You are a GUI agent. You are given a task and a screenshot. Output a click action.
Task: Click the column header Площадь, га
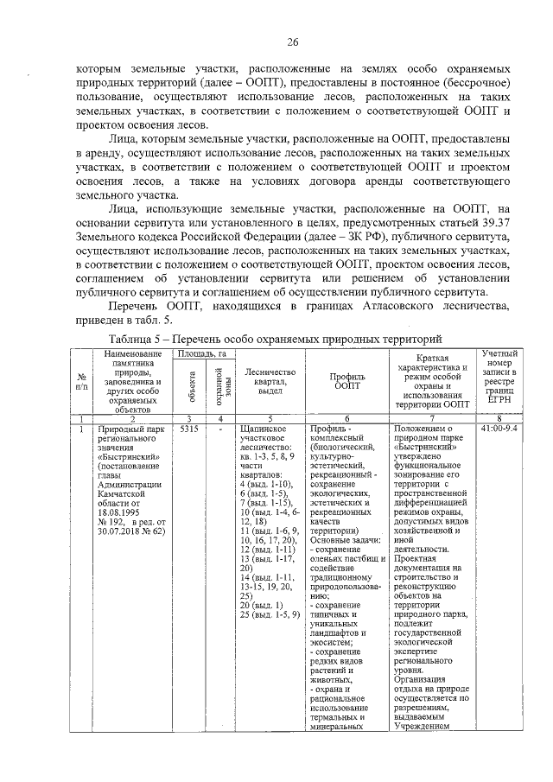coord(201,353)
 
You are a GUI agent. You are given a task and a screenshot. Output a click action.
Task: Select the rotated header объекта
coord(189,385)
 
